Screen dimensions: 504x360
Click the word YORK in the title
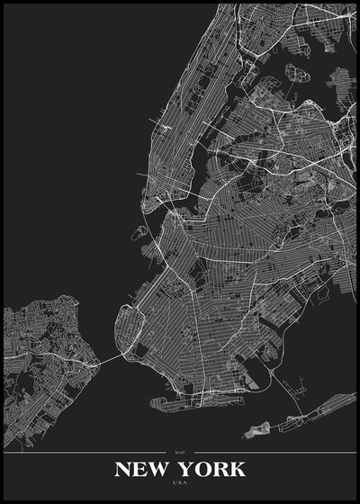(211, 469)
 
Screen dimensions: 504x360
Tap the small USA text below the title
(179, 484)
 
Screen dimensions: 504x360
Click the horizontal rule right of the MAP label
(270, 452)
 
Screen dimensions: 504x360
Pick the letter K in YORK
(237, 469)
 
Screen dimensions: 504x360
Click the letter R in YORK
(220, 469)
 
